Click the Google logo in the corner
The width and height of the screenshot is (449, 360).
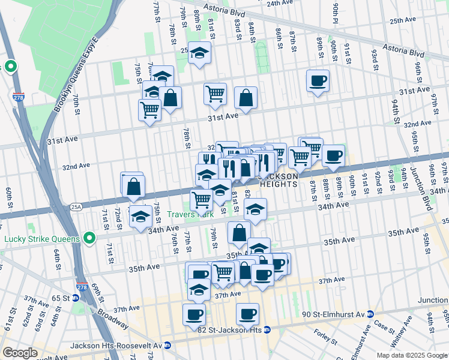click(20, 353)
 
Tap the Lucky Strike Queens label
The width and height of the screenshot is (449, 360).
click(41, 239)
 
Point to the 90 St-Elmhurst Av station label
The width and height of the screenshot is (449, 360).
click(333, 314)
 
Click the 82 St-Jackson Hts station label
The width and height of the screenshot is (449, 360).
click(233, 329)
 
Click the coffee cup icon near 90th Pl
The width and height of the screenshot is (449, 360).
click(318, 80)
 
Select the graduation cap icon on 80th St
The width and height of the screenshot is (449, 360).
click(199, 53)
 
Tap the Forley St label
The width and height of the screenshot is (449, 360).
click(325, 337)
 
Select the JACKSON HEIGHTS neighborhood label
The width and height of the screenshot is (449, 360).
click(277, 180)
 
